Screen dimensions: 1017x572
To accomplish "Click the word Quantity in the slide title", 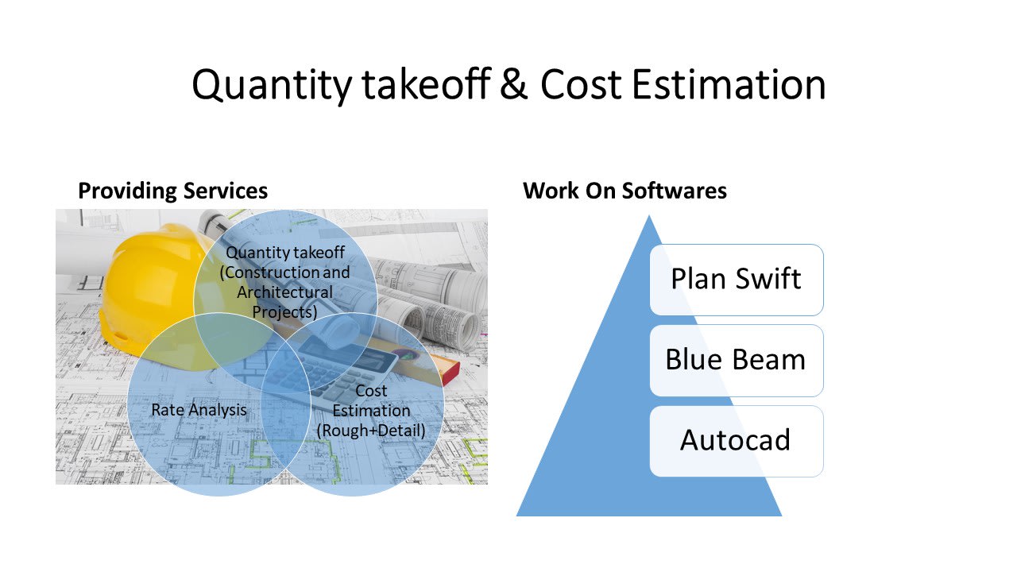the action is (272, 85).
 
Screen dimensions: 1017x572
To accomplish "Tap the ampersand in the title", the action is (514, 84).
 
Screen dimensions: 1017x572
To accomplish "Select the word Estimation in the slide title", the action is (729, 84).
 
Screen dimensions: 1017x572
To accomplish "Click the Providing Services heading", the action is (172, 191).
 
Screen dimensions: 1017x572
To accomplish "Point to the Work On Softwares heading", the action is (625, 191).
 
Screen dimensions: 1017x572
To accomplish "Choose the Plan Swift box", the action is (737, 280).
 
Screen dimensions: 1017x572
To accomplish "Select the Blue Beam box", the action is (737, 361).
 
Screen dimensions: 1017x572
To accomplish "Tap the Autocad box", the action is (737, 441).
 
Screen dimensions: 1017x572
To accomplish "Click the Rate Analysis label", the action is (199, 410).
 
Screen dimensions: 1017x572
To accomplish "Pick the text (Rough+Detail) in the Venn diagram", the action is (371, 431).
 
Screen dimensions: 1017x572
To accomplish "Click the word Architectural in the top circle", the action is (284, 292).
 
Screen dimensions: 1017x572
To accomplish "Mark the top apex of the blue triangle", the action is (649, 215).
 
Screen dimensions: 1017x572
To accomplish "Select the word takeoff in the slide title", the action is (427, 84).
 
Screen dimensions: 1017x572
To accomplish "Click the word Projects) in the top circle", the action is (284, 312).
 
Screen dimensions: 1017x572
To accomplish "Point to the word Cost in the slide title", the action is (581, 84).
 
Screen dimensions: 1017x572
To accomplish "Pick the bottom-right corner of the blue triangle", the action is (782, 516).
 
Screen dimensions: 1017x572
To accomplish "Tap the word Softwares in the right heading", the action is (675, 191).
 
